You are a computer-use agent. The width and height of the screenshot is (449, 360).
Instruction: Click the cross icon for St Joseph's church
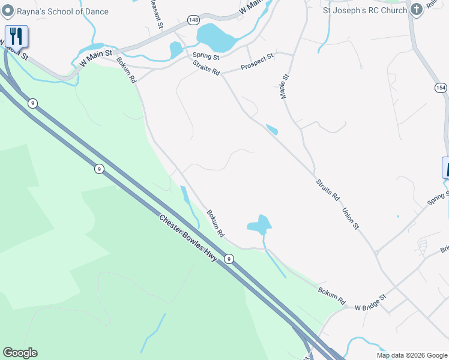tap(415, 10)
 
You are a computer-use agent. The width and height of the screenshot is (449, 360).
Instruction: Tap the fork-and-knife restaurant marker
tap(16, 37)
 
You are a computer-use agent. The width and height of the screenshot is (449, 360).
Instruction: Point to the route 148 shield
tap(193, 20)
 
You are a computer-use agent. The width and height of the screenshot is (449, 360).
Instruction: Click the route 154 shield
tap(441, 88)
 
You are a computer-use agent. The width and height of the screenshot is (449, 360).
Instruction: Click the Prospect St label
tap(257, 62)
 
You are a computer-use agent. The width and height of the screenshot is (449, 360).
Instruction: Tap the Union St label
tap(350, 218)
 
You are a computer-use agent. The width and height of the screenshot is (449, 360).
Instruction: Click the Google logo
tap(20, 353)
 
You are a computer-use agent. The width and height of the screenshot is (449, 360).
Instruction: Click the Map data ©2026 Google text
tap(412, 355)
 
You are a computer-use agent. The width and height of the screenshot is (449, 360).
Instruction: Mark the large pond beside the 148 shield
tap(218, 38)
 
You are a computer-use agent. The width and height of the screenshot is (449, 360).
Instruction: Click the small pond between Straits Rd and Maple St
tap(272, 130)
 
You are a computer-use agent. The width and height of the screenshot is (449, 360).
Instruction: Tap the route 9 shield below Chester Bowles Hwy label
tap(229, 259)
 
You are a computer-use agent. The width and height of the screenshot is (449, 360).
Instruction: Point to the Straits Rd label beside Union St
tap(328, 189)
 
